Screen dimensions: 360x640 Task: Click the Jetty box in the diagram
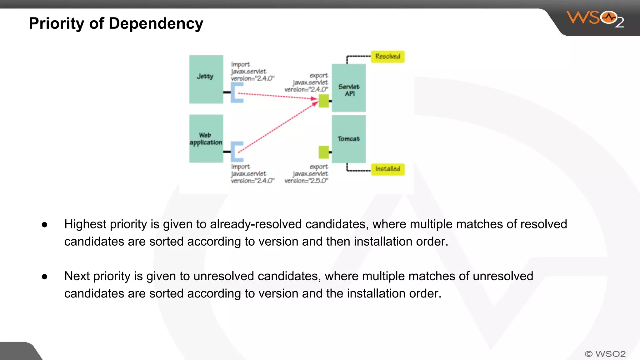206,79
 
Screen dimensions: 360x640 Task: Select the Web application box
206,138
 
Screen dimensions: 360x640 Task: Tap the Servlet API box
348,88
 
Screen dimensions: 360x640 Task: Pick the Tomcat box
348,139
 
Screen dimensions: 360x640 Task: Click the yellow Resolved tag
387,57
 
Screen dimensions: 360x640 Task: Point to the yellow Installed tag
387,169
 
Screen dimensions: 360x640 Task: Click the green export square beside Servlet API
324,101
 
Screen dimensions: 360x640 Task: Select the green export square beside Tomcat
324,152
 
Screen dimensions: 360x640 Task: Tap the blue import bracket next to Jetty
237,92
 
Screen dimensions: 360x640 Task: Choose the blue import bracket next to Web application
237,152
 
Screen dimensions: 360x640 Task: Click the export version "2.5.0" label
306,181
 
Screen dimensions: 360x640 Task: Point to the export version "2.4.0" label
306,89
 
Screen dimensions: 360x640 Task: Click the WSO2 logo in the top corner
595,19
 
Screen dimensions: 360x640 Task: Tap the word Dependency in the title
156,24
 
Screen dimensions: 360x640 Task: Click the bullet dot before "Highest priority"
44,225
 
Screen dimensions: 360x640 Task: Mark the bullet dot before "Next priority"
44,277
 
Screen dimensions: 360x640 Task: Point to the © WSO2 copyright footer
605,354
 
